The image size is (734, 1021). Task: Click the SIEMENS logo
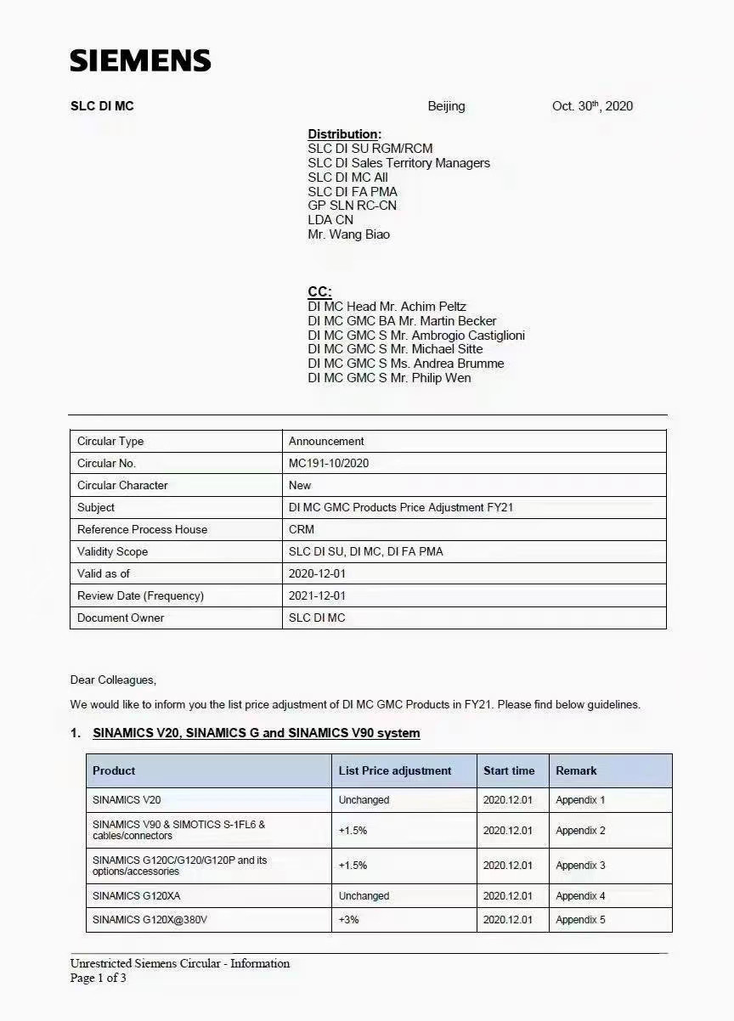pyautogui.click(x=140, y=60)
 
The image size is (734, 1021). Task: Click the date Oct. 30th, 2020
pyautogui.click(x=592, y=106)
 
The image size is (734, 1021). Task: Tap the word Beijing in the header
pyautogui.click(x=446, y=106)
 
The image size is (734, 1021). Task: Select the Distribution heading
pyautogui.click(x=344, y=134)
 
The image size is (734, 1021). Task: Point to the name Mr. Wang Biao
pyautogui.click(x=348, y=234)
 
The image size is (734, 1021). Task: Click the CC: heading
pyautogui.click(x=319, y=291)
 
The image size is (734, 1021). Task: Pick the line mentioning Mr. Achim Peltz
pyautogui.click(x=387, y=307)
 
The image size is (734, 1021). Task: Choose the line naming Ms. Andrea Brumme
pyautogui.click(x=405, y=364)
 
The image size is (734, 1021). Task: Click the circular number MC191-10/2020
pyautogui.click(x=329, y=463)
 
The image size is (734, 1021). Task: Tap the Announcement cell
pyautogui.click(x=326, y=441)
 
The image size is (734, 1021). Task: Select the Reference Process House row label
pyautogui.click(x=142, y=529)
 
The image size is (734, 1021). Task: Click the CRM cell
pyautogui.click(x=302, y=529)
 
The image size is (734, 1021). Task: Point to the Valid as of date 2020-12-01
pyautogui.click(x=317, y=573)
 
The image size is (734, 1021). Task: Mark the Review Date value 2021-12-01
pyautogui.click(x=317, y=595)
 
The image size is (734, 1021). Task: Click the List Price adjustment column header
pyautogui.click(x=395, y=770)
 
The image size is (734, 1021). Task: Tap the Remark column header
pyautogui.click(x=576, y=770)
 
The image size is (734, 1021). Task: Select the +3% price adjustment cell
pyautogui.click(x=348, y=920)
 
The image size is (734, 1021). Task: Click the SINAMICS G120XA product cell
pyautogui.click(x=136, y=896)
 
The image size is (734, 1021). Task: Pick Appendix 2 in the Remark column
pyautogui.click(x=580, y=831)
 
